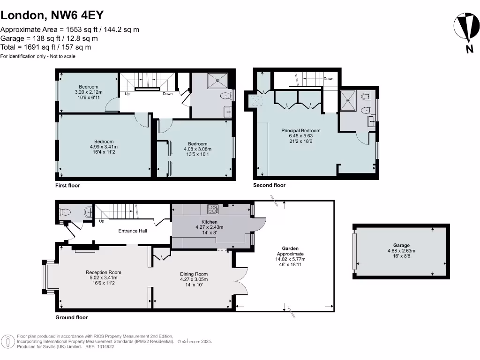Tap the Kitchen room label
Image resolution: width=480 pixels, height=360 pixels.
210,222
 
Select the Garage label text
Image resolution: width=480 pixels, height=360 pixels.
401,245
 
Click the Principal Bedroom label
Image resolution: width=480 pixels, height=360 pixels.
300,130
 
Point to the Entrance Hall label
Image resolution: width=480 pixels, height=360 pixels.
133,231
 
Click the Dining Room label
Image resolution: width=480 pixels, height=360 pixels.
194,274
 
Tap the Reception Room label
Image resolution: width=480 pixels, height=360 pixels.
103,272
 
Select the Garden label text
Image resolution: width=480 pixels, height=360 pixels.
291,248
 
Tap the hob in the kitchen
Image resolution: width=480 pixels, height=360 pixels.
212,209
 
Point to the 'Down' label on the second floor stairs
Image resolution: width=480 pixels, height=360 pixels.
329,79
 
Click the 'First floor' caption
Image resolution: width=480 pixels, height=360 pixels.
67,186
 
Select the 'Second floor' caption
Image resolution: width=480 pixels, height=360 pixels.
269,186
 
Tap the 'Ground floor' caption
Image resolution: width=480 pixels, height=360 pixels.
71,318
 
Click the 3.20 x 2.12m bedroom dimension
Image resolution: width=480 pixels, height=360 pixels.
89,92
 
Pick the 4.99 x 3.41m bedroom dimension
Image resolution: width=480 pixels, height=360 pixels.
104,147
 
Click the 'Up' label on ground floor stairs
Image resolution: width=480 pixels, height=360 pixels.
101,221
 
